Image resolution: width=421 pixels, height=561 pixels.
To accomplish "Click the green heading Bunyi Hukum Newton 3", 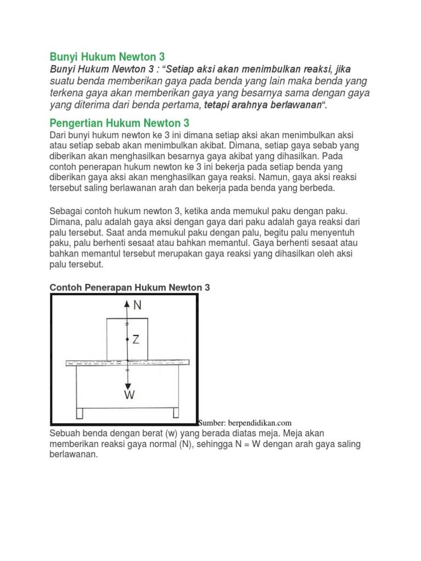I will point(107,56).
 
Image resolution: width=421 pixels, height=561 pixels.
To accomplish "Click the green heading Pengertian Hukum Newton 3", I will point(120,123).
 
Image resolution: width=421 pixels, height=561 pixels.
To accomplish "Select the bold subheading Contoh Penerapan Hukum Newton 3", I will point(130,287).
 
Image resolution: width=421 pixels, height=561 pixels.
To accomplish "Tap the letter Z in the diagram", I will point(136,340).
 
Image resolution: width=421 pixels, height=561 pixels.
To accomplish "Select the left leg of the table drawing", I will point(79,412).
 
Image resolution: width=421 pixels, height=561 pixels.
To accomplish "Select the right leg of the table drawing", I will point(175,412).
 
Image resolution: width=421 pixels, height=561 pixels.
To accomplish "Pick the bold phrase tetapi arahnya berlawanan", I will point(261,105).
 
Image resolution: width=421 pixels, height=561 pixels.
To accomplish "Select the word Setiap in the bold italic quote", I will point(183,69).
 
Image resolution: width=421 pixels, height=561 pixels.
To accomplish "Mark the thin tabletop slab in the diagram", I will point(127,363).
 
